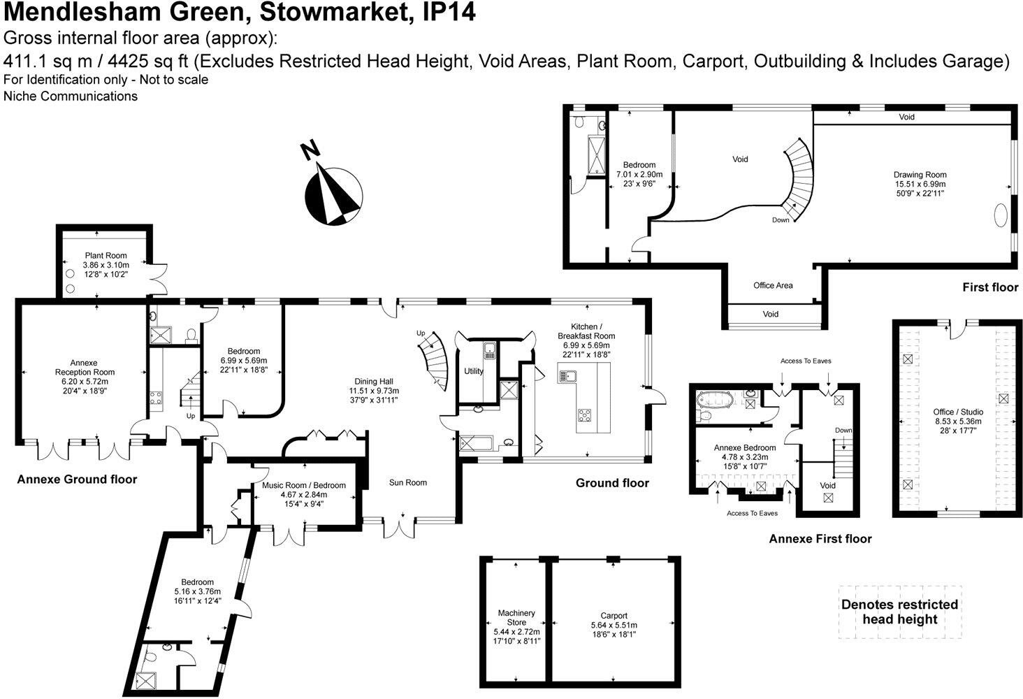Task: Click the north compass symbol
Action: (x=333, y=189)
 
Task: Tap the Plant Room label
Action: (x=106, y=256)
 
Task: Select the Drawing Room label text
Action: (x=920, y=175)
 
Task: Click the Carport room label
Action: (x=614, y=616)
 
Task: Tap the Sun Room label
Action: (x=408, y=482)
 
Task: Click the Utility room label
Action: (x=473, y=371)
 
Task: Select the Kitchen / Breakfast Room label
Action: (x=593, y=331)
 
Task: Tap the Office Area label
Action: (x=773, y=285)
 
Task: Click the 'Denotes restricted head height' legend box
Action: (x=899, y=612)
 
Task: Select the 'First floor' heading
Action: (x=989, y=287)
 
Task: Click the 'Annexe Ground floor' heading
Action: (x=77, y=480)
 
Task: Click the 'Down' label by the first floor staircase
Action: (x=781, y=220)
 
